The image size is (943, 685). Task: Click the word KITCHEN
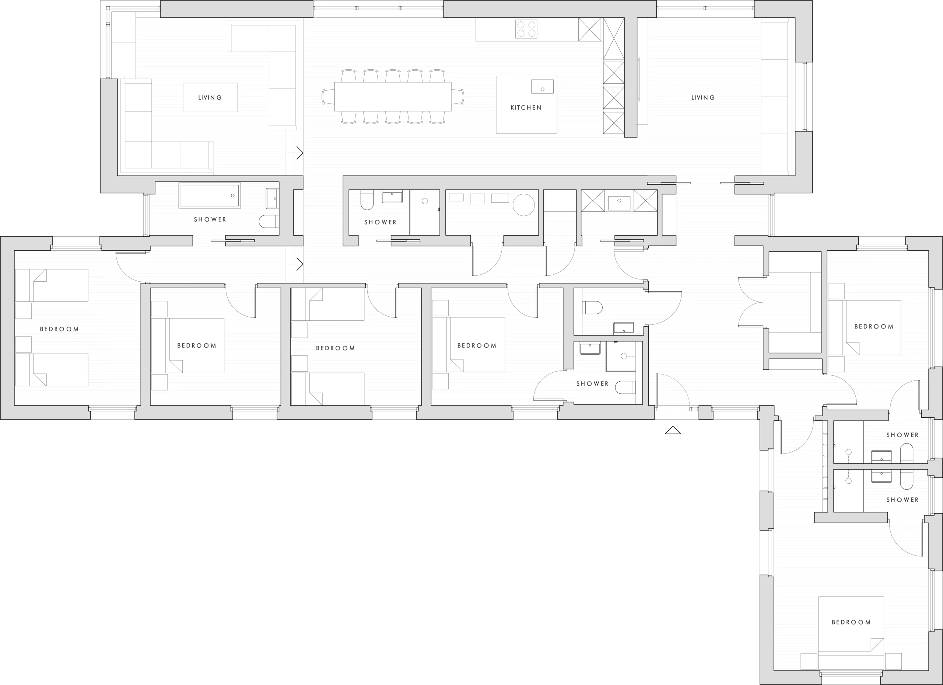coord(526,108)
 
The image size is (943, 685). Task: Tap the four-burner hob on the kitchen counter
coord(526,29)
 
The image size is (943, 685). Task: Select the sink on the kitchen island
coord(543,87)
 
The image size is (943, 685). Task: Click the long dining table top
coord(393,97)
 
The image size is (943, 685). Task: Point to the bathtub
coord(210,195)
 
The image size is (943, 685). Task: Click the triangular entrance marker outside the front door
coord(673,430)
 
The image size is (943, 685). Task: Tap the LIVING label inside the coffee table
coord(210,98)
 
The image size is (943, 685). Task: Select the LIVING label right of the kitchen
coord(703,98)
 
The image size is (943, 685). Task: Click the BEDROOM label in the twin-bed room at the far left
coord(59,329)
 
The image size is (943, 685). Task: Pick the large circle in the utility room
coord(524,205)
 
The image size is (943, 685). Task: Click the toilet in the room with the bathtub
coord(269,222)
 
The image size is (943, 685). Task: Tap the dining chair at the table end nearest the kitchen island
coord(458,97)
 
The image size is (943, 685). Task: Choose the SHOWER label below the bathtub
coord(210,220)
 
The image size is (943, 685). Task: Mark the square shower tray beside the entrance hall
coord(621,356)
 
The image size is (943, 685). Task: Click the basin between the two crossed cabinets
coord(619,203)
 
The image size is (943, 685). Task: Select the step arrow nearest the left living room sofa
coord(299,153)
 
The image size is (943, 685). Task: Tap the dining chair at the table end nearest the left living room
coord(328,97)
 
